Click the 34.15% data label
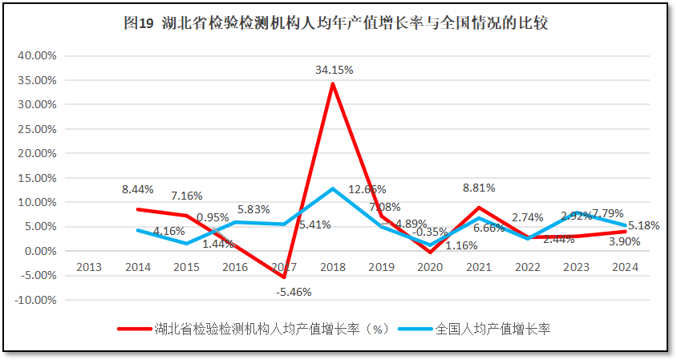(334, 70)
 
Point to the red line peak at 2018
(332, 83)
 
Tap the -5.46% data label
(294, 291)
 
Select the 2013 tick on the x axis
(88, 267)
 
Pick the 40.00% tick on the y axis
(36, 55)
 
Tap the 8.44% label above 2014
(138, 190)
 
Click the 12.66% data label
(367, 190)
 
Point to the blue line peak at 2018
(332, 188)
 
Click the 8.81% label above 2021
(479, 188)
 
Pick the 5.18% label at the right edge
(643, 226)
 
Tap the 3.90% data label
(623, 241)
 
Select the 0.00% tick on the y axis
(39, 251)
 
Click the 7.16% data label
(186, 196)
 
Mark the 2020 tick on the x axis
(430, 267)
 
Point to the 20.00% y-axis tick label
(36, 153)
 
